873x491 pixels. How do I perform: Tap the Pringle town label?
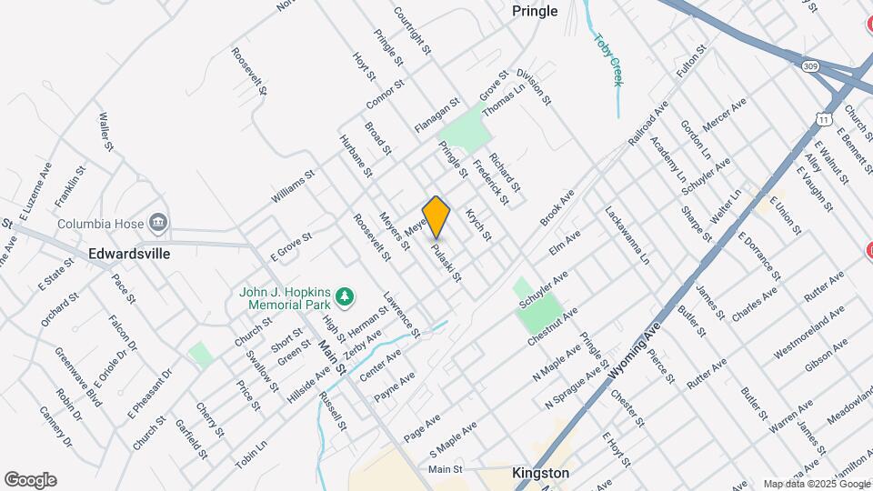tap(535, 12)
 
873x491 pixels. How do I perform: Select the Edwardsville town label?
tap(129, 255)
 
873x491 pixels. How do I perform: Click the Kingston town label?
tap(540, 473)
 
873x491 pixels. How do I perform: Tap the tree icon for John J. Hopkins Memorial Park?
tap(345, 296)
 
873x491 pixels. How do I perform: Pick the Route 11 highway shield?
tap(824, 119)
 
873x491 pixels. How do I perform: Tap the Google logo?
tap(30, 480)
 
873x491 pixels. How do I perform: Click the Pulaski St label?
tap(447, 262)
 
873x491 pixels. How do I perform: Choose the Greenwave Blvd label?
tap(77, 377)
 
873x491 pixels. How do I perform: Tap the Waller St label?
tap(105, 132)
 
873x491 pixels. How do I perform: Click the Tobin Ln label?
tap(251, 455)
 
